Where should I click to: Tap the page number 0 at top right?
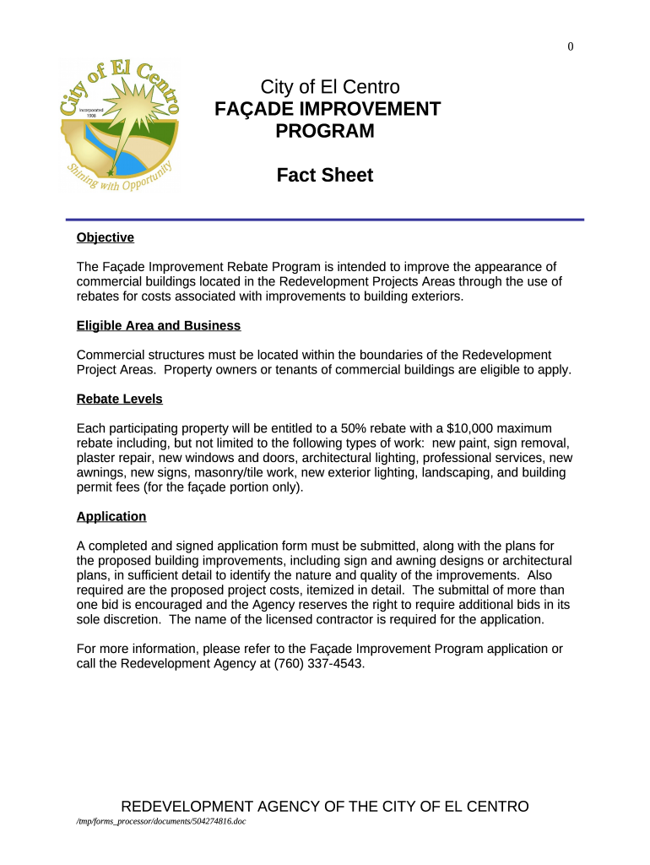point(571,47)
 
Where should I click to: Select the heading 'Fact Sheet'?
point(324,176)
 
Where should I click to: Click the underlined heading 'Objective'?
point(105,237)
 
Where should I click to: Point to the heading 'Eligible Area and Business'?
point(158,325)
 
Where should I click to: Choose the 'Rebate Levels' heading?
point(119,399)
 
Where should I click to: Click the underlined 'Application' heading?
point(111,516)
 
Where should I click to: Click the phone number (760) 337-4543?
point(318,663)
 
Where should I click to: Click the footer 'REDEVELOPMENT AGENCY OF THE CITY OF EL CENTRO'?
point(325,806)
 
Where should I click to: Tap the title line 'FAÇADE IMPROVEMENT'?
point(328,109)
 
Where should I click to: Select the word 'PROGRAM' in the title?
point(325,131)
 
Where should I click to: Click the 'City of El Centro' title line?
point(330,87)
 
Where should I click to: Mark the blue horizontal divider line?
point(324,220)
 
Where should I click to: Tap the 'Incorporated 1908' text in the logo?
point(91,113)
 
